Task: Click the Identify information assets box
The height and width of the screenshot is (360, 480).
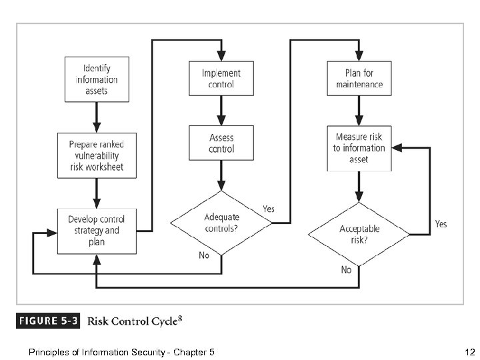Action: pyautogui.click(x=96, y=79)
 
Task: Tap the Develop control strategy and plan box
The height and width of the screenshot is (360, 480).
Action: pyautogui.click(x=96, y=230)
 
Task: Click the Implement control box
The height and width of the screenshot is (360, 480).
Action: pyautogui.click(x=221, y=79)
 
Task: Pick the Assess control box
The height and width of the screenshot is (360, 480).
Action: pyautogui.click(x=221, y=143)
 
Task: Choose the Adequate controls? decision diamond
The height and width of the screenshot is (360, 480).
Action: pyautogui.click(x=221, y=223)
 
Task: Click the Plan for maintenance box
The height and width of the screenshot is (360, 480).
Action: pyautogui.click(x=359, y=79)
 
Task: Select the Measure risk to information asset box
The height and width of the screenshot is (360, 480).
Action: pyautogui.click(x=359, y=148)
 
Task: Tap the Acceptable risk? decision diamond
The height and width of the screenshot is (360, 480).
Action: pyautogui.click(x=359, y=234)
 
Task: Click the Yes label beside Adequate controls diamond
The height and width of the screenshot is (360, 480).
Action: pyautogui.click(x=269, y=209)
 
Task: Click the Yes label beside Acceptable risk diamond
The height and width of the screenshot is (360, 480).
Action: pyautogui.click(x=441, y=224)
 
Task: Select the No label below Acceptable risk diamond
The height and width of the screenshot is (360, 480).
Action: pyautogui.click(x=346, y=270)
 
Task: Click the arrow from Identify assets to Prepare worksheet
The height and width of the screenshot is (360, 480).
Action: pyautogui.click(x=96, y=117)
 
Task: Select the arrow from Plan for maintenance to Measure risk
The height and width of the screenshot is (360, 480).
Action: pyautogui.click(x=359, y=111)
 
